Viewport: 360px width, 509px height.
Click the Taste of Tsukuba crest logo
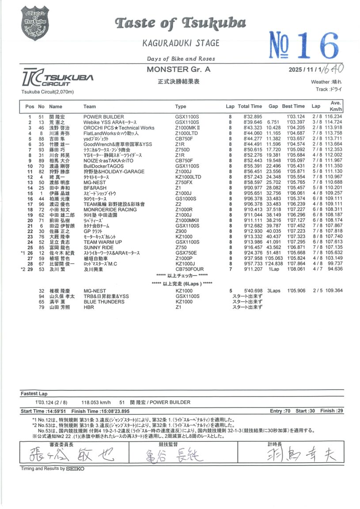pyautogui.click(x=35, y=23)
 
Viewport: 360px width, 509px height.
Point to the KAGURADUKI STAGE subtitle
pyautogui.click(x=181, y=43)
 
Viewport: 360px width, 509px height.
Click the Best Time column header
pyautogui.click(x=293, y=106)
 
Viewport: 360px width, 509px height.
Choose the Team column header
pyautogui.click(x=90, y=106)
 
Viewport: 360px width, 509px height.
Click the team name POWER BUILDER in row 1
pyautogui.click(x=104, y=117)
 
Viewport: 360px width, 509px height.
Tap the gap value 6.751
pyautogui.click(x=274, y=122)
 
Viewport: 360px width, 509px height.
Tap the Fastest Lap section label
pyautogui.click(x=34, y=393)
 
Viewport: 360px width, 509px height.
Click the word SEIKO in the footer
pyautogui.click(x=76, y=469)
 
